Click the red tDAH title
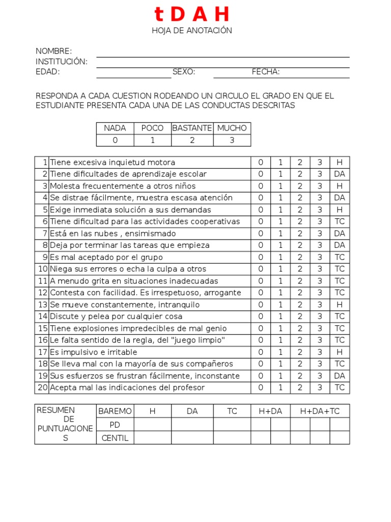click(191, 15)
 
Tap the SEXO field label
click(184, 72)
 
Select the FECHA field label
click(266, 72)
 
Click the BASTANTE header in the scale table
click(192, 128)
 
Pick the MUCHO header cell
click(232, 128)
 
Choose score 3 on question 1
click(320, 163)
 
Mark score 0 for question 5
click(261, 210)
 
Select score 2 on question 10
click(300, 269)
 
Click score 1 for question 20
click(280, 388)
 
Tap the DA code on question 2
click(340, 174)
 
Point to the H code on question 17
click(340, 352)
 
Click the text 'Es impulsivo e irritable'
click(94, 352)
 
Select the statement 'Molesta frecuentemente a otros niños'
click(123, 186)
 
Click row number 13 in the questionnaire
click(42, 305)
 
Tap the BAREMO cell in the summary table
click(115, 411)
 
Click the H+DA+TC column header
click(320, 411)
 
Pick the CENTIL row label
click(115, 438)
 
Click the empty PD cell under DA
click(192, 425)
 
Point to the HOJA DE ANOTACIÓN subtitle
click(191, 31)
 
